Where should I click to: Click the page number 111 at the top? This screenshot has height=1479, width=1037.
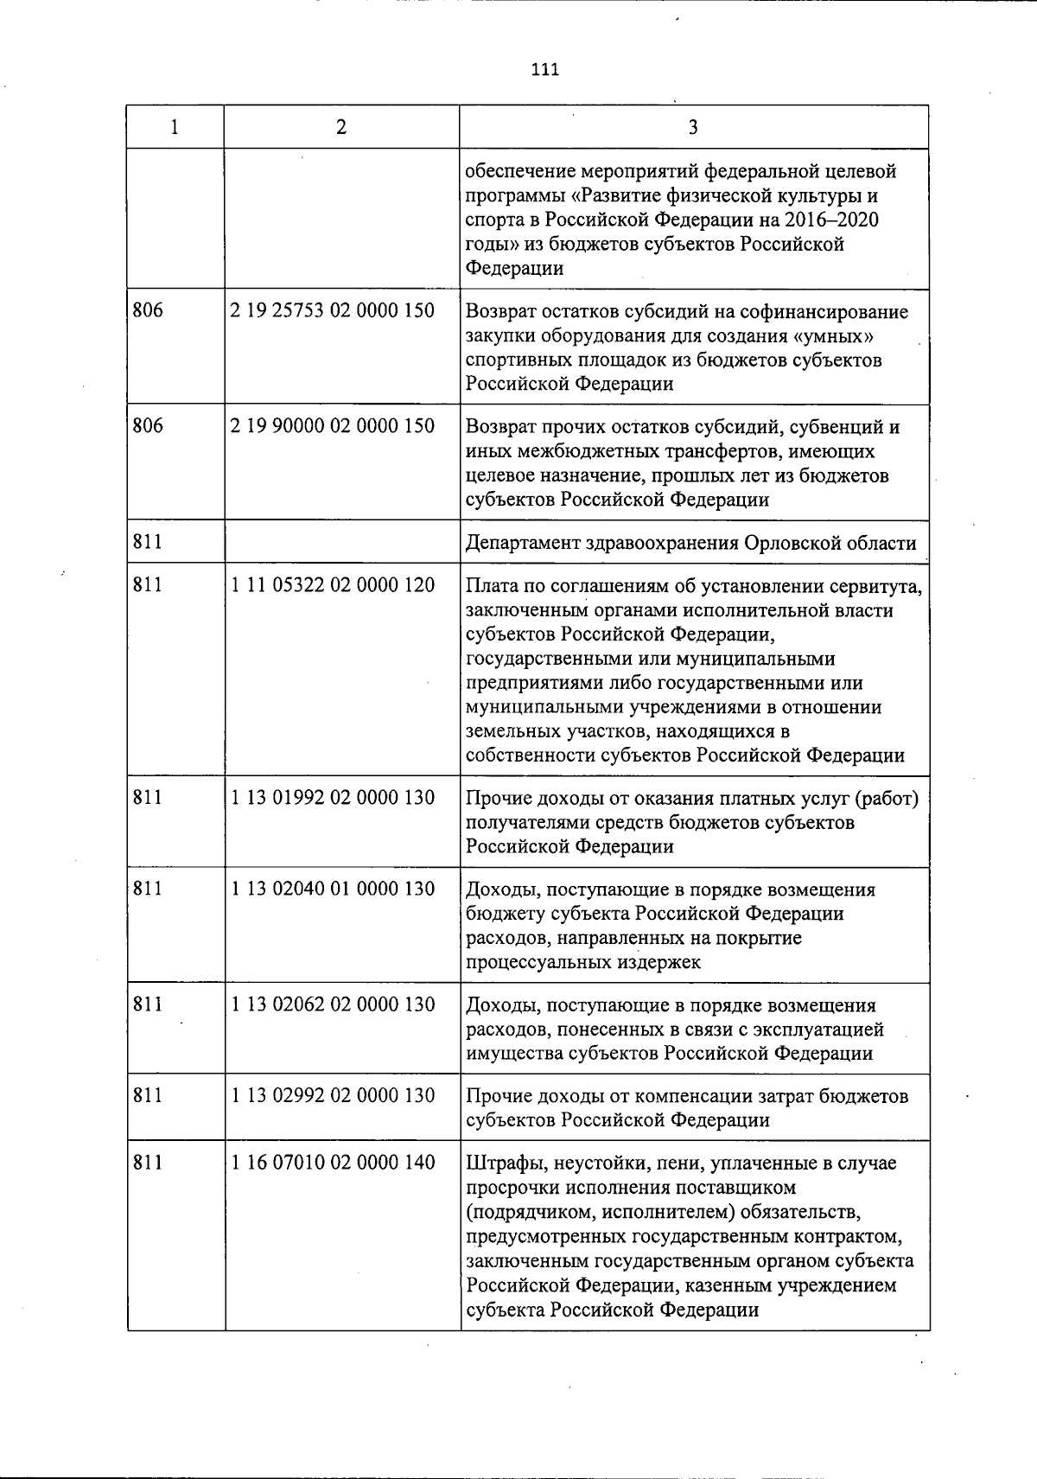tap(544, 70)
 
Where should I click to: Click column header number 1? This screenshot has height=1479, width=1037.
tap(175, 128)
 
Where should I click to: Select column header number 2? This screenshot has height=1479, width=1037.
tap(341, 128)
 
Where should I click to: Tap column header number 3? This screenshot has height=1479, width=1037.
tap(693, 128)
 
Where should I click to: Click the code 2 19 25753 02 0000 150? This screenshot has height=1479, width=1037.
tap(333, 309)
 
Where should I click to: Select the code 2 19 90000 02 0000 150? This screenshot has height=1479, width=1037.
tap(333, 425)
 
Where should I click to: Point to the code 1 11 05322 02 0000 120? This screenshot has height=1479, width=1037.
tap(333, 584)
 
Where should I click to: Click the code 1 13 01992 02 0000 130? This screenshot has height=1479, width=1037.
tap(333, 797)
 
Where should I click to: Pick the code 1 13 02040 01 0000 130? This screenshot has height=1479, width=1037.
tap(333, 889)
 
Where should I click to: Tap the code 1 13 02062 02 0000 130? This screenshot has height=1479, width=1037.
tap(333, 1004)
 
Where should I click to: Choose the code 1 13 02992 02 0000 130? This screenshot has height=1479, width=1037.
tap(333, 1095)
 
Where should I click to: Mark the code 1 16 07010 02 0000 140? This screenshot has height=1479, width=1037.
tap(333, 1163)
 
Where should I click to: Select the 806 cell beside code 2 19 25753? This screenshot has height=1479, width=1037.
tap(149, 309)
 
